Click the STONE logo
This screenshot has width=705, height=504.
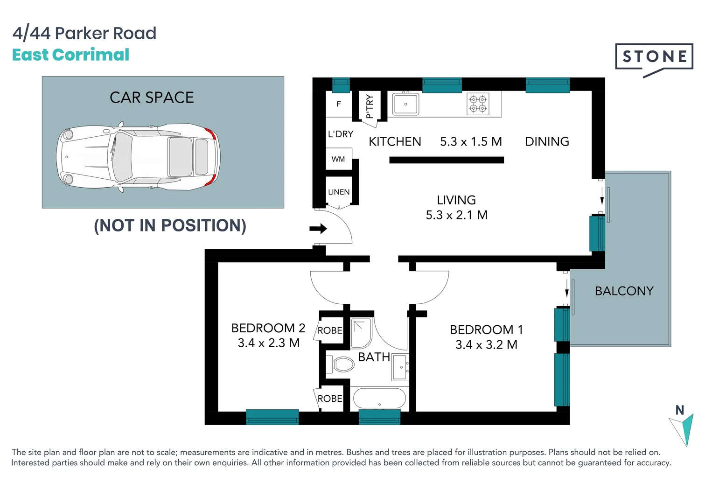click(x=654, y=57)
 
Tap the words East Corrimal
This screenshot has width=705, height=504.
click(x=70, y=55)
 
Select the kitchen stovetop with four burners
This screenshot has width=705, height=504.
click(x=478, y=104)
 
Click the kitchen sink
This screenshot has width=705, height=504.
click(x=405, y=104)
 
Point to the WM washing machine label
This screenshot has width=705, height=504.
click(x=338, y=160)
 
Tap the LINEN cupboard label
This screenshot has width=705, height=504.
click(x=339, y=192)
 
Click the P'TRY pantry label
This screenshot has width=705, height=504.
click(x=370, y=106)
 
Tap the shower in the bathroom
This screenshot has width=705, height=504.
click(x=361, y=333)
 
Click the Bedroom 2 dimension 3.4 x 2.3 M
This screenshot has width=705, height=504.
click(x=268, y=343)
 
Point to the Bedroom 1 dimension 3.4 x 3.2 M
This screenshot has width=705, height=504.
click(x=486, y=345)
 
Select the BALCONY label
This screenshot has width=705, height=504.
click(x=624, y=291)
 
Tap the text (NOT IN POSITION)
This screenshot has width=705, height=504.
click(x=170, y=225)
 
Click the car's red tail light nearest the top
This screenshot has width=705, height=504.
click(x=211, y=134)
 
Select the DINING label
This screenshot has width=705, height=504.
click(x=547, y=142)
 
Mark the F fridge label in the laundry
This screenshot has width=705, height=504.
click(x=339, y=104)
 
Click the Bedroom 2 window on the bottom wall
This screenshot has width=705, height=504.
click(x=272, y=417)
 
